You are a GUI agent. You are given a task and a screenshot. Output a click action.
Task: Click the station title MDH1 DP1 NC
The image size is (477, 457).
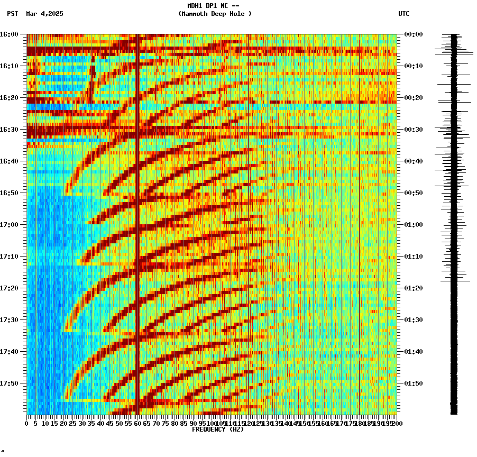click(213, 6)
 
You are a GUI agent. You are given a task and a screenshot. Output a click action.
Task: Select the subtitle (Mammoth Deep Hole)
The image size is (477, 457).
click(215, 14)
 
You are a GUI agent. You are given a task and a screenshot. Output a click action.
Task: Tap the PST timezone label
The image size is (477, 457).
click(12, 14)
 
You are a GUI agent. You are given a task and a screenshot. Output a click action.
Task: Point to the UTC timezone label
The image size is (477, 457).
click(403, 14)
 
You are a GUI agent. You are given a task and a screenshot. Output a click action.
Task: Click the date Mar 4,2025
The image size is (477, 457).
click(44, 14)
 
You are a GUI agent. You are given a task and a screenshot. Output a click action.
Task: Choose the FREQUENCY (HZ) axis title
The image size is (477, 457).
click(217, 429)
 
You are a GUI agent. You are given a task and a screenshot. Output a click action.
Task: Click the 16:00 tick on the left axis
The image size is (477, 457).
click(9, 34)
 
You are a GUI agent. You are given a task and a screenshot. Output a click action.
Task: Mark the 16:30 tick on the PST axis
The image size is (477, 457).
click(9, 130)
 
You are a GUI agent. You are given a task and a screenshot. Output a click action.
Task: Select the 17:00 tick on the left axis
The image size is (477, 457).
click(9, 225)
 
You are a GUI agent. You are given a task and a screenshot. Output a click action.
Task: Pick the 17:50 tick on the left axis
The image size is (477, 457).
click(9, 383)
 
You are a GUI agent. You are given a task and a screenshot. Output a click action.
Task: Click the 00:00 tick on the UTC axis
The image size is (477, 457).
click(414, 34)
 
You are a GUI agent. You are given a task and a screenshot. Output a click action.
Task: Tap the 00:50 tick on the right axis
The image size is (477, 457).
click(414, 193)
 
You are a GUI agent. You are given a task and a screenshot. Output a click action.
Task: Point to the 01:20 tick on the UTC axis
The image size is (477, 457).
click(414, 288)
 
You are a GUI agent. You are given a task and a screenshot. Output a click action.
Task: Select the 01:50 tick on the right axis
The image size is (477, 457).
click(414, 383)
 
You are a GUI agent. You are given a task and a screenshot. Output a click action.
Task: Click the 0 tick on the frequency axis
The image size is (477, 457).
click(27, 423)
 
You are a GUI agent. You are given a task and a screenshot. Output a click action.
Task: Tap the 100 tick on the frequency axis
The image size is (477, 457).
click(211, 423)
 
